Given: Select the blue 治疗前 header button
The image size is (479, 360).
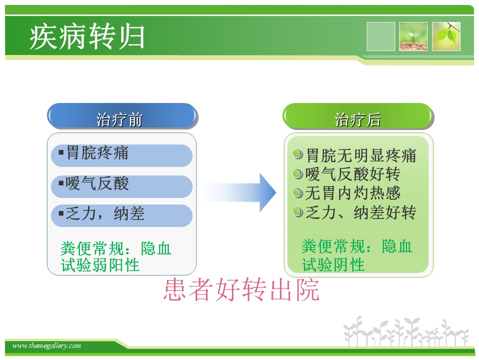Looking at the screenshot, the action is [122, 116].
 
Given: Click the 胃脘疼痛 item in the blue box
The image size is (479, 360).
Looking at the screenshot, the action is [122, 155].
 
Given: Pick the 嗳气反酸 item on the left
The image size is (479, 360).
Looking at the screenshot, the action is [122, 186].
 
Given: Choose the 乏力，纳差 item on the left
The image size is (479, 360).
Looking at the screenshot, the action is [122, 215].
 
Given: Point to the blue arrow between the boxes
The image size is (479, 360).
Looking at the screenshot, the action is [239, 192].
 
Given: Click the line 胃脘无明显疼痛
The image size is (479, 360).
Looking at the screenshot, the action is [361, 155].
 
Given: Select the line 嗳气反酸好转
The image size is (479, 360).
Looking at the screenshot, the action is [353, 174].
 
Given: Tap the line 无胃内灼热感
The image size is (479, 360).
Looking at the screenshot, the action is [353, 193].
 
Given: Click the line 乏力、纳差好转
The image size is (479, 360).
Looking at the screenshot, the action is [361, 212].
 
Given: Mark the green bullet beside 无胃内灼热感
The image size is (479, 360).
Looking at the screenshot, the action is [297, 192].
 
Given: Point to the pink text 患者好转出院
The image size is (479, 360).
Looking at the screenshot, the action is [241, 289].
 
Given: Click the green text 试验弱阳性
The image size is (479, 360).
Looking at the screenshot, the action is [100, 265].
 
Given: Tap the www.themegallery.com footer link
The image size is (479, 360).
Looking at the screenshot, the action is [46, 345].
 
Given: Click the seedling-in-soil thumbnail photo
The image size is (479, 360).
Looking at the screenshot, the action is [413, 36].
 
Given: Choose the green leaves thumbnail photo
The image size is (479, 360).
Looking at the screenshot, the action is [446, 36].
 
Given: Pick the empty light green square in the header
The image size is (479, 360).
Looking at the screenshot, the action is [381, 36].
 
